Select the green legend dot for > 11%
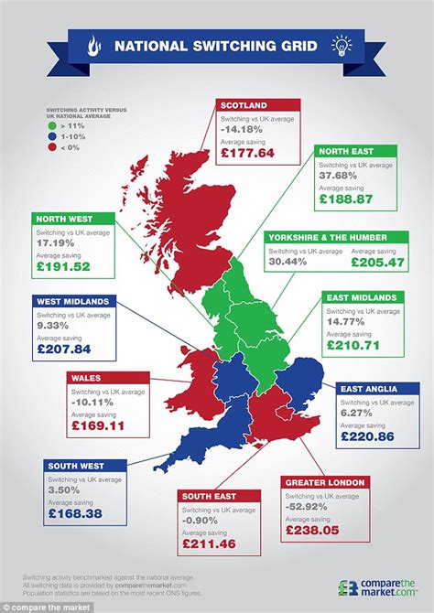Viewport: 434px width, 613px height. (52, 125)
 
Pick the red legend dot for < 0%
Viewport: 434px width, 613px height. (52, 145)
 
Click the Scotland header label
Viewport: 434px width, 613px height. (245, 104)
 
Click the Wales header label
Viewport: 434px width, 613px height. (88, 377)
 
